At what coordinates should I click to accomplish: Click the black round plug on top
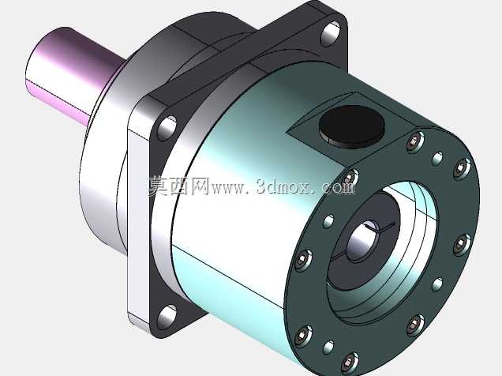click(x=351, y=126)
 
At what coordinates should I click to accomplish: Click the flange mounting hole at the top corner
click(x=331, y=33)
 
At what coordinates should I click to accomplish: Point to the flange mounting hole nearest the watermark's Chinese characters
click(x=167, y=127)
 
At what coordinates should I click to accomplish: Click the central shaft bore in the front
click(x=363, y=241)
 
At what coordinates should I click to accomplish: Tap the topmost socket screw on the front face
click(x=415, y=142)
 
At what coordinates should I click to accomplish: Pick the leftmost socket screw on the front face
click(x=303, y=260)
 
